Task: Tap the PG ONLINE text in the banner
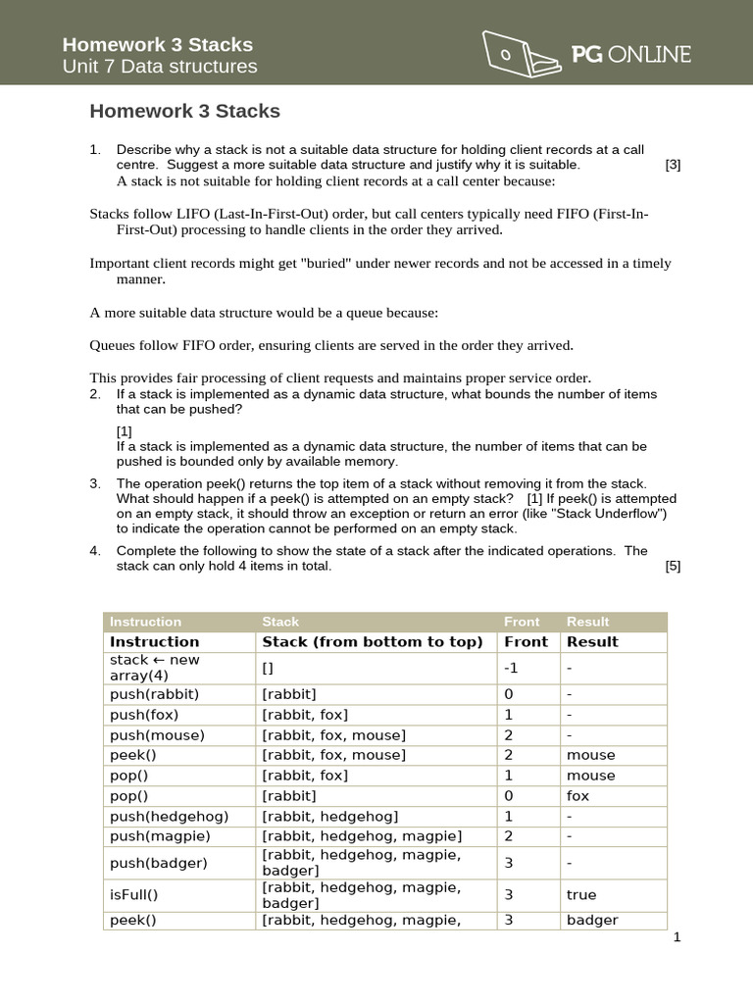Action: click(631, 56)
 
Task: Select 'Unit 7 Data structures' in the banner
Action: click(160, 67)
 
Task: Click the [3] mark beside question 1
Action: click(673, 165)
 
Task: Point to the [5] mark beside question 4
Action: click(673, 566)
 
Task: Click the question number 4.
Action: click(95, 551)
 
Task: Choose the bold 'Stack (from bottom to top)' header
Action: click(373, 642)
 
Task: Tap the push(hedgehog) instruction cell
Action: click(170, 816)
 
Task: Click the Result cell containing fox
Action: click(578, 795)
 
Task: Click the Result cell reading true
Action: click(581, 894)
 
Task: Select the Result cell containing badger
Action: click(592, 921)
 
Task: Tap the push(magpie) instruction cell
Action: click(161, 836)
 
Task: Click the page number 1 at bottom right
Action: click(677, 937)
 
